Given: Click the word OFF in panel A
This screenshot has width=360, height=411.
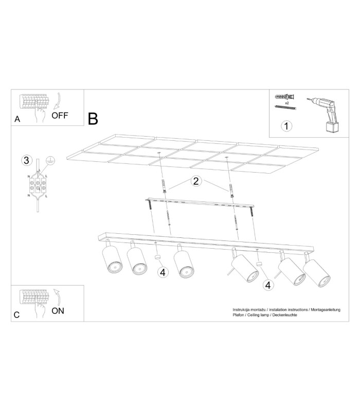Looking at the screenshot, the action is tap(60, 115).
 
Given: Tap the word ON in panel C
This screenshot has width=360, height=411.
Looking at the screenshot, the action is tap(58, 311).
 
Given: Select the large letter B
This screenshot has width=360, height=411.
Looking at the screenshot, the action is tap(93, 119).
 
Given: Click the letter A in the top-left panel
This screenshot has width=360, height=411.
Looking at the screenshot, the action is tap(17, 119).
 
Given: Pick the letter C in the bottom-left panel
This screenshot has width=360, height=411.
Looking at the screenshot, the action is tap(16, 315).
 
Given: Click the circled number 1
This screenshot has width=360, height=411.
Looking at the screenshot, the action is tap(286, 126).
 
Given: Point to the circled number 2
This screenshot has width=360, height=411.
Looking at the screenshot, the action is tap(196, 181).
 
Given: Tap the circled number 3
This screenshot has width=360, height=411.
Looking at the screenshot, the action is tap(27, 160).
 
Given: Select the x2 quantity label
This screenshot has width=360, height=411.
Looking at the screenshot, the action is tap(287, 103).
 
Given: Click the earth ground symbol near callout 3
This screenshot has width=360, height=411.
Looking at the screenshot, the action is tap(50, 160).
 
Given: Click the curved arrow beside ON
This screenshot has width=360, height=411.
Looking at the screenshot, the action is tap(57, 297).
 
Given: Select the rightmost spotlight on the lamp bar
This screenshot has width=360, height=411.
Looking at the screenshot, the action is tap(316, 272).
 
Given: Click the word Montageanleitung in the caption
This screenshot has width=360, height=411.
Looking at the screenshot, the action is tap(326, 310).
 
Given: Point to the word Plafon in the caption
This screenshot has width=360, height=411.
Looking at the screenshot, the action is tap(238, 315).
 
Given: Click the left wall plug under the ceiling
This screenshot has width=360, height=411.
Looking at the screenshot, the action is tap(164, 186).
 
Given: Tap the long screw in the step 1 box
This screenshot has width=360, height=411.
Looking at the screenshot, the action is tap(285, 107).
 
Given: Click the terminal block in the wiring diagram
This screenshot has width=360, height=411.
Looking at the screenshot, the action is tap(38, 184).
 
